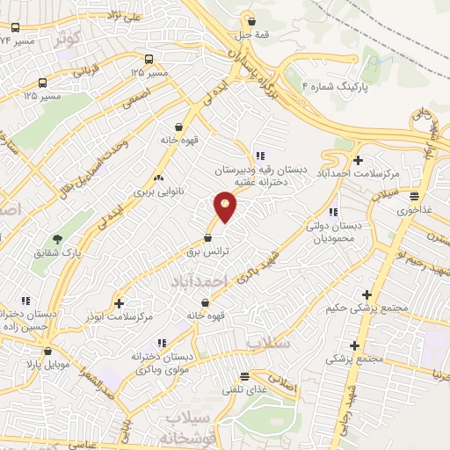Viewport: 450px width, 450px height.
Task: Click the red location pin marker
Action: (226, 206)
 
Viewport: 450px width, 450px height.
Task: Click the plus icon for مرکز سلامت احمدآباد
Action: (358, 160)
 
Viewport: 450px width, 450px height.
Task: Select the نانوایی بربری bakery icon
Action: (159, 177)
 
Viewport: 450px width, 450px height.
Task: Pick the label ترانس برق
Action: (209, 251)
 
